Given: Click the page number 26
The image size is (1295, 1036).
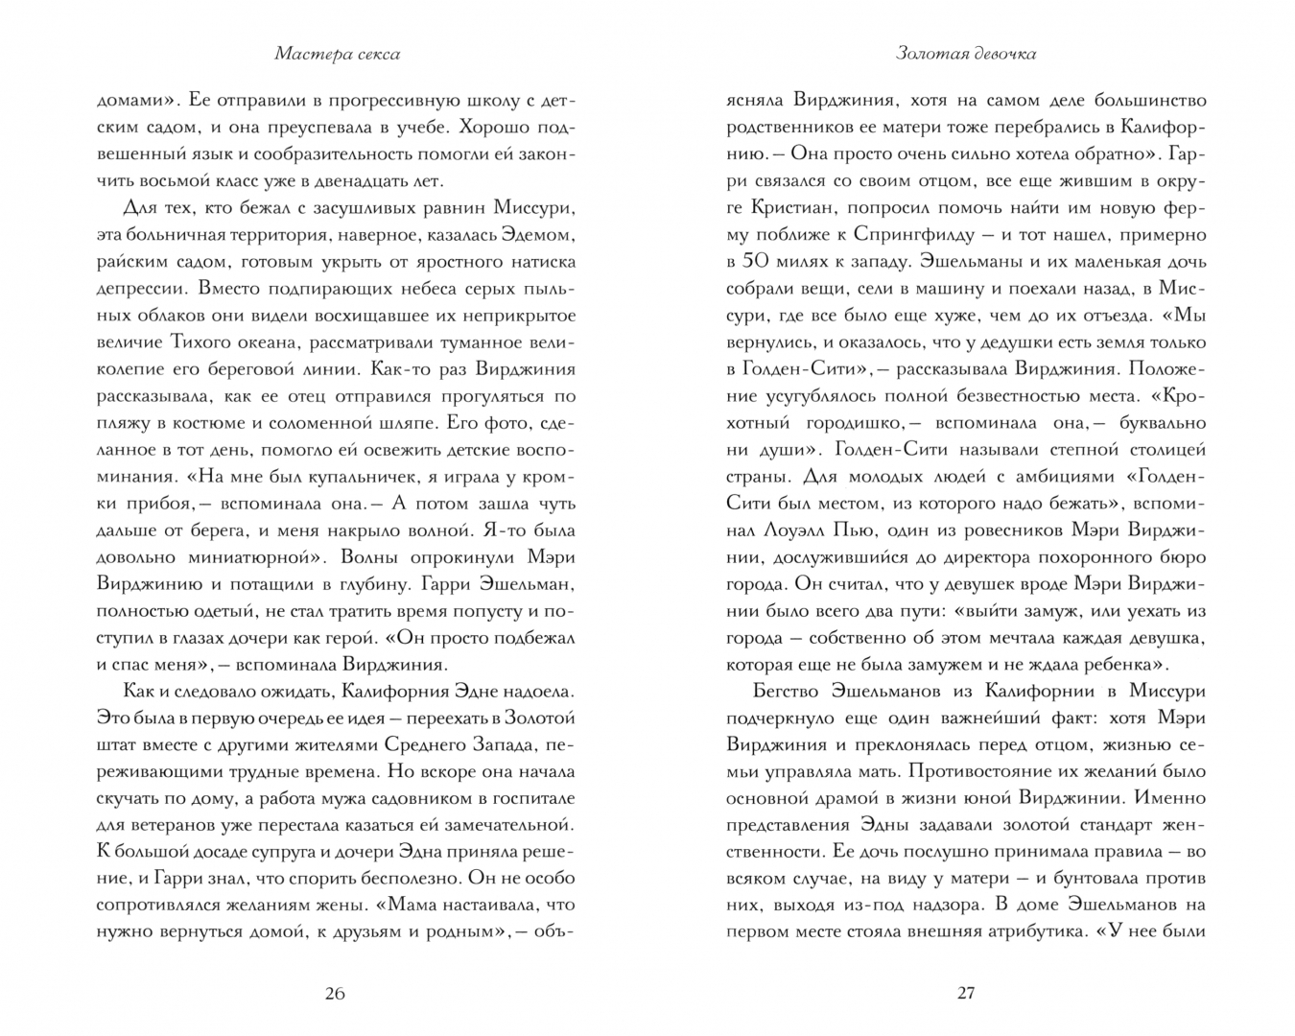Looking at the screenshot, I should [334, 993].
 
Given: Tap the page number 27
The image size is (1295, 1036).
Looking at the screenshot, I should [966, 993].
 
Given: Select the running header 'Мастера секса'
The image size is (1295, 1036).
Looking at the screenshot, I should [337, 55].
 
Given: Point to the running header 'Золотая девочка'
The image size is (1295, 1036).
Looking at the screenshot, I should [966, 55].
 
